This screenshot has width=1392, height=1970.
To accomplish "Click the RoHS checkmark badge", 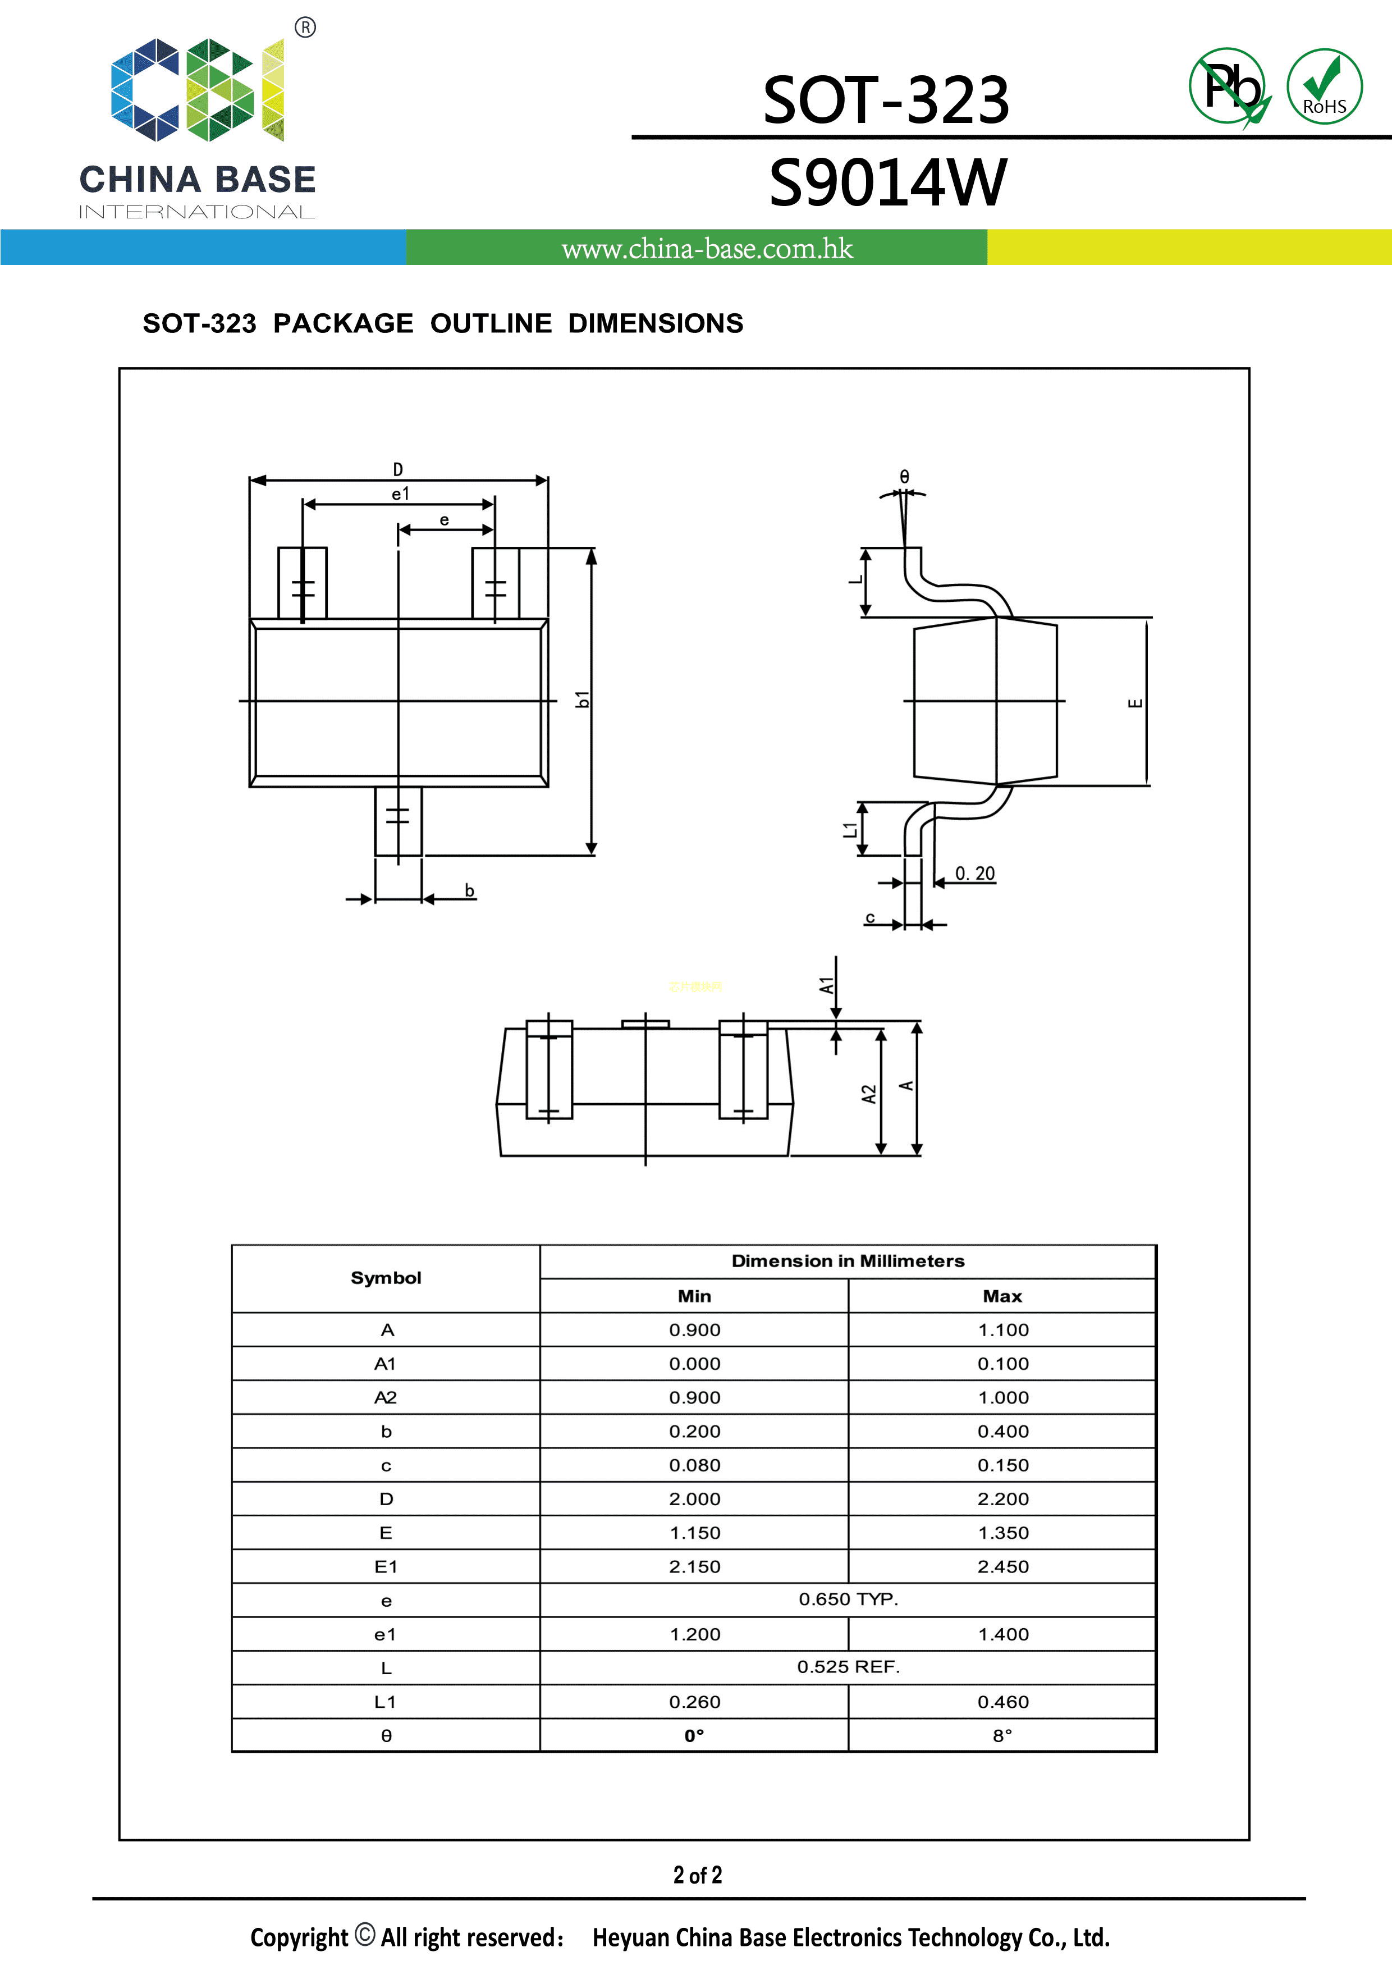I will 1324,86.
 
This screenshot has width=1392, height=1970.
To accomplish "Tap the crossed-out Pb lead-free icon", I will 1230,86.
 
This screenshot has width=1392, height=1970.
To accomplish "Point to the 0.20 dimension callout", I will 974,874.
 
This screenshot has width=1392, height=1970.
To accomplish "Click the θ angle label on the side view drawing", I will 904,477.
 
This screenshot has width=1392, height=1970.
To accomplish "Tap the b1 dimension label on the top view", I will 583,700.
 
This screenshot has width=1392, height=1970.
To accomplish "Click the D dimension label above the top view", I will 398,469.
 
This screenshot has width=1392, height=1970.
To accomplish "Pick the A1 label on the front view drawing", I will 826,985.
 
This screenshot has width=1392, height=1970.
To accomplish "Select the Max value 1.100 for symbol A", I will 1002,1330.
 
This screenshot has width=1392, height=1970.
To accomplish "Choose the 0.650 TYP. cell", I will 848,1599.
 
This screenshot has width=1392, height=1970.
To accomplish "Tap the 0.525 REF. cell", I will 848,1667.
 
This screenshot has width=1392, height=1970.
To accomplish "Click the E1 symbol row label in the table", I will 386,1567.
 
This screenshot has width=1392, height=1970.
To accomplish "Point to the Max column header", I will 1002,1296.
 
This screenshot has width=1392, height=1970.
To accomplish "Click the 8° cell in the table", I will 1002,1736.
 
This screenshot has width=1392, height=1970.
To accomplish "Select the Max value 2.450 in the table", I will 1002,1567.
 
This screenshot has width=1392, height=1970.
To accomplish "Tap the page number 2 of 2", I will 697,1875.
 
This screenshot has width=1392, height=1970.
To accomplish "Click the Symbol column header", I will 386,1278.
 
